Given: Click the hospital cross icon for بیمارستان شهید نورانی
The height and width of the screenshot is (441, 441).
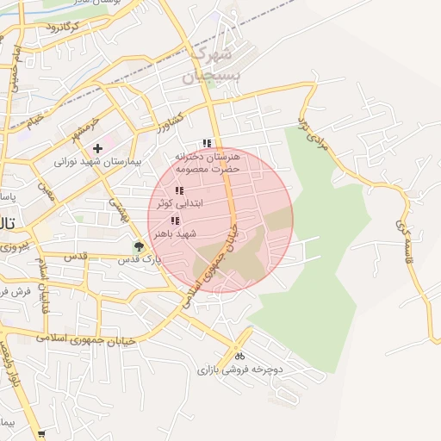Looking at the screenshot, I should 97,148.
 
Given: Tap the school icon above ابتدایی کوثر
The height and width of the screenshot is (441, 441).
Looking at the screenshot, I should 179,190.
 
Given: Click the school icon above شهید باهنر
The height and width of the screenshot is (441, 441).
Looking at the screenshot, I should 175,220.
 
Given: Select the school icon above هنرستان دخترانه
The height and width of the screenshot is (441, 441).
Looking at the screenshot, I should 206,143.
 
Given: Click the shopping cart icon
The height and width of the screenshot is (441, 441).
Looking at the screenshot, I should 40,435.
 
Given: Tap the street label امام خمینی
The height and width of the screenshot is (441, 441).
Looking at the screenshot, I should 16,69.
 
